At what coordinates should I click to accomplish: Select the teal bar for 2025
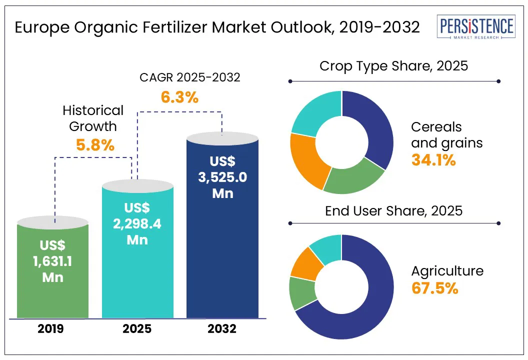(x=137, y=280)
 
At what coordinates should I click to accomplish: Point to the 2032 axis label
(x=222, y=329)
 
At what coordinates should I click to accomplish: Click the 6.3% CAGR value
(x=179, y=96)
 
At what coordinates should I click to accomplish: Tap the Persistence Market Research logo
(x=475, y=28)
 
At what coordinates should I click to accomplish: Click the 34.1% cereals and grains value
(x=433, y=160)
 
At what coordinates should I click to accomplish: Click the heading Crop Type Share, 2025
(x=393, y=66)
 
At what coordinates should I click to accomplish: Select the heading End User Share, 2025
(x=393, y=210)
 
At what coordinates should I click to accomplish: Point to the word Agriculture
(x=447, y=271)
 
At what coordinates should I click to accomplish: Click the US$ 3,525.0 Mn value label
(x=222, y=177)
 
